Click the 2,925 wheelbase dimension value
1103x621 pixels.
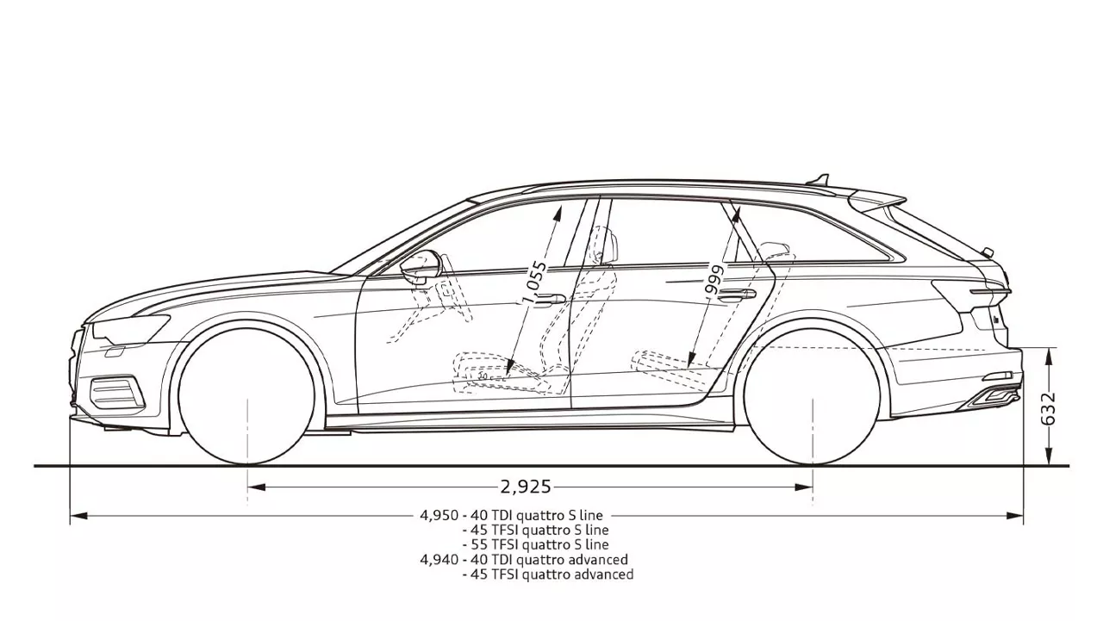[526, 487]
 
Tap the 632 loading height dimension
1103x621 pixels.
[1049, 408]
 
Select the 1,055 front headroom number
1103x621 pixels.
[535, 283]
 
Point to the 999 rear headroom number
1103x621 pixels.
[715, 281]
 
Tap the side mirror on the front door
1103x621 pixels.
[420, 267]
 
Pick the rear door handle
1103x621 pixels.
[737, 295]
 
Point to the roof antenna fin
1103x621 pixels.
[819, 179]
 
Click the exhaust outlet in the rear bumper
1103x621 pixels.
[991, 396]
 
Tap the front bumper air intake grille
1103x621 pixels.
[116, 392]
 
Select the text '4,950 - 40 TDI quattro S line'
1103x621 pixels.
[511, 515]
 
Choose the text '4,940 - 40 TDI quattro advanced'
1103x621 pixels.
[524, 560]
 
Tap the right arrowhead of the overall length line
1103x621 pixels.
[1015, 516]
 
